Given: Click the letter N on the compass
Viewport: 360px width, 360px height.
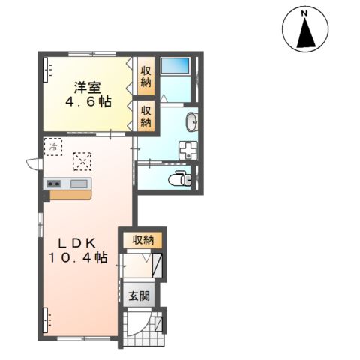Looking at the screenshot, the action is (x=304, y=14).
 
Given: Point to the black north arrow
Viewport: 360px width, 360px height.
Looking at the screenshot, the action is (x=306, y=33).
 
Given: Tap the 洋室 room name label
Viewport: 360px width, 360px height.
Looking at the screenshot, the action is (x=87, y=88).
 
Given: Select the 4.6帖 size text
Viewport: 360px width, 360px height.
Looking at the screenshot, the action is (x=88, y=101).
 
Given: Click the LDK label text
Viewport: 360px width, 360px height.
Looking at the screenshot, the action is (x=77, y=243).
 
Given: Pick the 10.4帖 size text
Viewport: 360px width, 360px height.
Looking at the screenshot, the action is (x=78, y=257).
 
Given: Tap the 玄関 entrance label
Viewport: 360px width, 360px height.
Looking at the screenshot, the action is (x=139, y=296).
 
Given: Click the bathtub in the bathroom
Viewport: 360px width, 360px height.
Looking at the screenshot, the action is (x=175, y=66).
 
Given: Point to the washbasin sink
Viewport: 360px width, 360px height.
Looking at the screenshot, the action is (x=192, y=121).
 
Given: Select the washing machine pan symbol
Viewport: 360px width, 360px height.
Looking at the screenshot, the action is (x=188, y=150).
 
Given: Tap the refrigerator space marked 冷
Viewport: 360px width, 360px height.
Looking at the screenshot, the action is (x=53, y=147).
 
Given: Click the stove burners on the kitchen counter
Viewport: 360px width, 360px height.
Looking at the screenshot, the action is (x=54, y=184).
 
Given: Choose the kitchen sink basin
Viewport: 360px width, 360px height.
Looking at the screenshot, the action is (x=79, y=184).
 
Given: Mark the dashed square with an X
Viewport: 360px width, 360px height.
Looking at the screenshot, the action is (x=82, y=162).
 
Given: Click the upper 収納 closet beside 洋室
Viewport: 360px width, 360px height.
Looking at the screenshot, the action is (x=146, y=76).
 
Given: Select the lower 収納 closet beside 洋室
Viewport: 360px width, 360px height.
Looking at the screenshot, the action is (x=146, y=116).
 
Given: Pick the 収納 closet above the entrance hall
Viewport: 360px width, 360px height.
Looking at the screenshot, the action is (x=142, y=240).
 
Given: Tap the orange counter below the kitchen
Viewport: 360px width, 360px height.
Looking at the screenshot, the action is (x=70, y=195).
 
